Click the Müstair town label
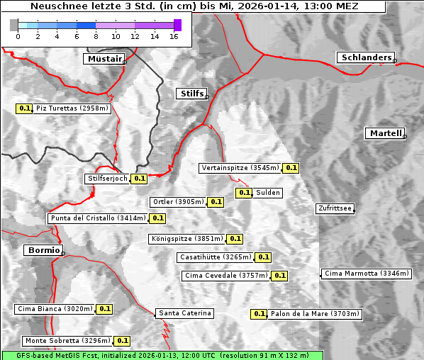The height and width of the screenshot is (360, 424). click(x=104, y=59)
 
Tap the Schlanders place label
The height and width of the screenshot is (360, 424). click(x=365, y=57)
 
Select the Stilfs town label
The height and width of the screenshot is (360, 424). click(x=191, y=94)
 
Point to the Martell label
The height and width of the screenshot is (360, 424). click(x=385, y=133)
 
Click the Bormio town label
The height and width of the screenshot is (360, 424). click(x=42, y=250)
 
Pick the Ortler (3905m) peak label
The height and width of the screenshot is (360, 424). click(x=178, y=202)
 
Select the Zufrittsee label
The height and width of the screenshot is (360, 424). click(x=335, y=208)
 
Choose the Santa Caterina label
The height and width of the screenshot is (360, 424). click(x=184, y=313)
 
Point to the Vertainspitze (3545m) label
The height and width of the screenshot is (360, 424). click(x=240, y=168)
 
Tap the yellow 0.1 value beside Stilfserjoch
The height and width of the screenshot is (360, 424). click(x=140, y=179)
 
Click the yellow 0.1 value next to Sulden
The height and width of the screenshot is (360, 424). click(x=245, y=193)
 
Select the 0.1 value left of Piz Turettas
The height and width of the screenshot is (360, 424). click(x=25, y=108)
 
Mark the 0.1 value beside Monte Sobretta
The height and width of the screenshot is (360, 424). click(x=123, y=341)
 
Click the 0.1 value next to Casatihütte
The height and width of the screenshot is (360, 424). click(x=263, y=257)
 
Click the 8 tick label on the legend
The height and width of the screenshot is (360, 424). click(x=96, y=37)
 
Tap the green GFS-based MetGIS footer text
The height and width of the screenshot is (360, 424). click(x=162, y=355)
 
